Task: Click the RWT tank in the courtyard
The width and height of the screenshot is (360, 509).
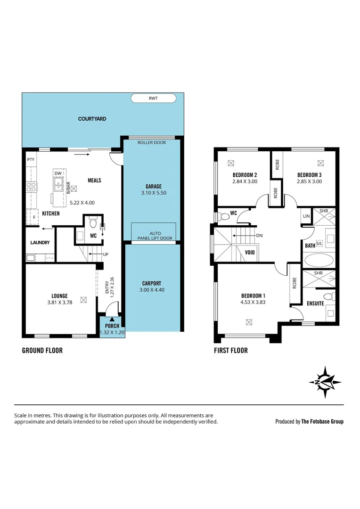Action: pos(153,98)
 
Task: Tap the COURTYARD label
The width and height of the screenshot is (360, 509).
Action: pos(92,119)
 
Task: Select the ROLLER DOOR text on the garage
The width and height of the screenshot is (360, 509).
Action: pos(151,142)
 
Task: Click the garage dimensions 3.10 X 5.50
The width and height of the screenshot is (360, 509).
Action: pos(153,193)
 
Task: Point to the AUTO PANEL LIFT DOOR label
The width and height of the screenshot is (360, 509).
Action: pos(155,236)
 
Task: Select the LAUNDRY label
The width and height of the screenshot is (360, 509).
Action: pos(41,243)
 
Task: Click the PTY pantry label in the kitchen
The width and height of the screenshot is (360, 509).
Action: pos(31,160)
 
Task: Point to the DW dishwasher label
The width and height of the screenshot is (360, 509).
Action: pos(58,173)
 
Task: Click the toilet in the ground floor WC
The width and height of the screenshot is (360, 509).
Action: pos(92,221)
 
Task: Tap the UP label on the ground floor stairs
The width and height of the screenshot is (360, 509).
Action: pos(106,254)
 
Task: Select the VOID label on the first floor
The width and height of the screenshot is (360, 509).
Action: pos(250,252)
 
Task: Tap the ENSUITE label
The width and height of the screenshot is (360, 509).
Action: pos(315,303)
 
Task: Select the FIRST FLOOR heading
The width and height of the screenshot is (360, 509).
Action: pos(230,350)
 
